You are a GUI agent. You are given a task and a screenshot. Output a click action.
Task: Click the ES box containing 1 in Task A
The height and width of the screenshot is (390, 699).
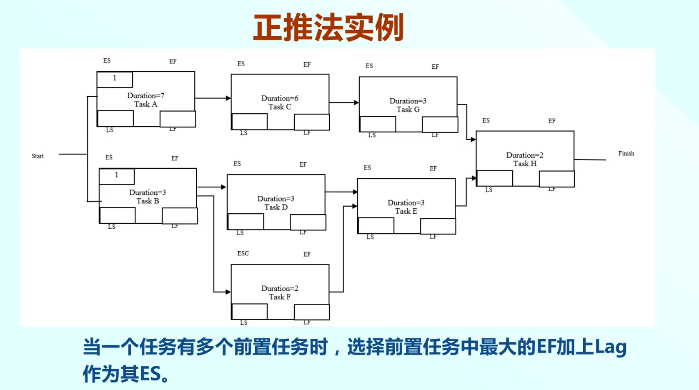(115, 79)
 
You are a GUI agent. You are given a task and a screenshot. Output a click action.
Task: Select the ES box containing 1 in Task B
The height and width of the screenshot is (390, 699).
(117, 176)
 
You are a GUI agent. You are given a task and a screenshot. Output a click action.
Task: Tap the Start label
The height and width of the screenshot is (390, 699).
(38, 156)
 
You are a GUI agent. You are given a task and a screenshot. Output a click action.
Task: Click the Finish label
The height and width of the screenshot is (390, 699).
(626, 153)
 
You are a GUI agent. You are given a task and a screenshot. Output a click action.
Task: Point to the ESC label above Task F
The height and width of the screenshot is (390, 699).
(243, 253)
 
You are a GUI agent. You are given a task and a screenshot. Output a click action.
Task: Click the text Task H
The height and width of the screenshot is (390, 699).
(525, 164)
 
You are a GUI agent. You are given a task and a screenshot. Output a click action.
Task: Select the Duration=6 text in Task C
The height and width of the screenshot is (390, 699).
(280, 98)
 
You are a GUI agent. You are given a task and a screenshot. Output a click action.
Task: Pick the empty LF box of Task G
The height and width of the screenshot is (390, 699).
(440, 125)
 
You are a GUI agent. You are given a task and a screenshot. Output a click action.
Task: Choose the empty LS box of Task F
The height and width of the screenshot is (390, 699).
(249, 312)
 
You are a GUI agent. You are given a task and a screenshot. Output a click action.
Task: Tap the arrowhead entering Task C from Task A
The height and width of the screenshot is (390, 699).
(228, 98)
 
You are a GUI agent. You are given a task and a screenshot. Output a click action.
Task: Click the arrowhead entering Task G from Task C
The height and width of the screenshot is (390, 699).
(356, 102)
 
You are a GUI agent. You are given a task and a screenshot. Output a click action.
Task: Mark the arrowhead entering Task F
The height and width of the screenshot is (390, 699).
(228, 292)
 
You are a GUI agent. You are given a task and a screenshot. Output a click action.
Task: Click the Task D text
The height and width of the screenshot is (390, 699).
(276, 207)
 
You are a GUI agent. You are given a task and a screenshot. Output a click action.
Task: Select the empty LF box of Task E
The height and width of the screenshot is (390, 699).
(438, 226)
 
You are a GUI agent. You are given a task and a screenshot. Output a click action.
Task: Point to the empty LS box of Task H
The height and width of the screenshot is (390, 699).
(495, 178)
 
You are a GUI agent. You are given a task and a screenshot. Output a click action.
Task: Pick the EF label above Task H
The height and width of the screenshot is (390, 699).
(552, 121)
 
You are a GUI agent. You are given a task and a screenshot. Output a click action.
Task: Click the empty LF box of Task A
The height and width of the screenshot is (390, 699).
(178, 119)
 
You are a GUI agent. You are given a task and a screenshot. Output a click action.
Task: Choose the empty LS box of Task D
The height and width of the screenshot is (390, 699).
(246, 222)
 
